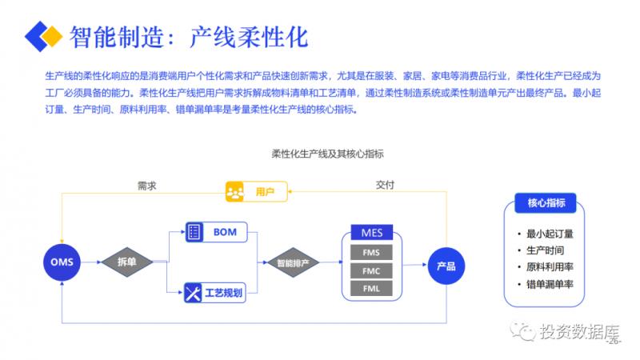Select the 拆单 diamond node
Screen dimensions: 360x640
[127, 262]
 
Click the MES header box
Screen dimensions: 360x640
[372, 234]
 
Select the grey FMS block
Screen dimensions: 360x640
[372, 254]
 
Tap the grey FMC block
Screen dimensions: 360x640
[372, 271]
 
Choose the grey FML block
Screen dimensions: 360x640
[372, 289]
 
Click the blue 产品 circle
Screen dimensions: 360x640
[446, 266]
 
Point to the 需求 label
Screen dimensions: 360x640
[146, 185]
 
